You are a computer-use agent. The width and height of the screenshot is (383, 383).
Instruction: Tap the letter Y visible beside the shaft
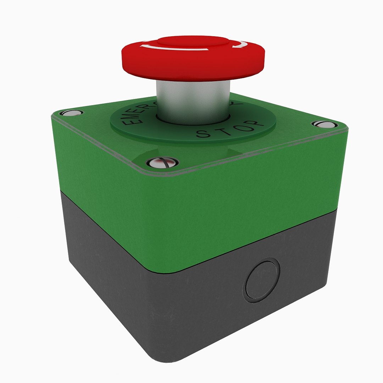coord(238,105)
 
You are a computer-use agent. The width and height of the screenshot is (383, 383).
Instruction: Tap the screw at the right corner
coord(323,124)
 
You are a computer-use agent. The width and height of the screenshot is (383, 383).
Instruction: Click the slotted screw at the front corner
coord(162,163)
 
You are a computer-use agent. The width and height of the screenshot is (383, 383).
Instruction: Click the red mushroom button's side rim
coord(193,67)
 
